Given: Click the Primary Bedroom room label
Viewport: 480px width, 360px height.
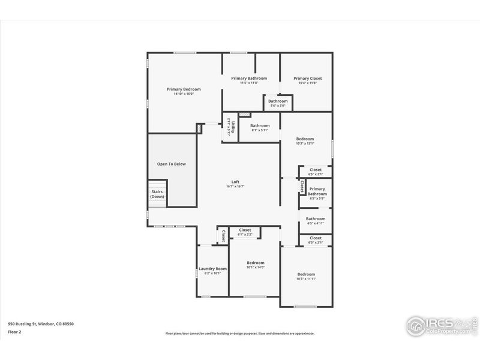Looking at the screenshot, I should (x=184, y=89).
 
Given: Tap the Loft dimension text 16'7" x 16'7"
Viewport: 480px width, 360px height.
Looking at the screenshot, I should (x=235, y=187).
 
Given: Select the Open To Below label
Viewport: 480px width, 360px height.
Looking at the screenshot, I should (x=172, y=163).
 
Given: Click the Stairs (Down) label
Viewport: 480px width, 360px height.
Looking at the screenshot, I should (x=157, y=194).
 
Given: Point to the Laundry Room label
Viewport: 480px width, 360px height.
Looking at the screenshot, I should (x=213, y=268).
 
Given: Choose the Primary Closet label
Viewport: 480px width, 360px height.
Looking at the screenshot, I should (x=307, y=78).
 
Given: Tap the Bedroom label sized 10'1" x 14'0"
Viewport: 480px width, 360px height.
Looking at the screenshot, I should (x=256, y=263).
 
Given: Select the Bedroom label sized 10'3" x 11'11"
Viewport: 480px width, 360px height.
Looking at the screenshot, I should (x=305, y=274).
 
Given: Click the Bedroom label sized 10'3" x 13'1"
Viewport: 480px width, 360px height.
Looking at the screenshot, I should (x=305, y=139).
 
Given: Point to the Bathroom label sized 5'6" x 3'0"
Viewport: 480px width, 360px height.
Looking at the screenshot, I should (x=278, y=101).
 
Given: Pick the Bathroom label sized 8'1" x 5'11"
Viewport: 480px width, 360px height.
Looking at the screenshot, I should (x=260, y=125).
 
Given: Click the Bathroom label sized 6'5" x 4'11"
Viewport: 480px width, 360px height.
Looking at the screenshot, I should (x=316, y=219).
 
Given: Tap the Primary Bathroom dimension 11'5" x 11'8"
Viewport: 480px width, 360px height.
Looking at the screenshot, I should (x=249, y=83).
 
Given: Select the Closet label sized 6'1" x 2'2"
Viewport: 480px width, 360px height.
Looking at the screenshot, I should (x=245, y=230).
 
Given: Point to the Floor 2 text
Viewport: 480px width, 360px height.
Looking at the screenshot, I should (x=14, y=331).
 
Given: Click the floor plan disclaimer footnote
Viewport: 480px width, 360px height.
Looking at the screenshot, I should (x=240, y=333).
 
